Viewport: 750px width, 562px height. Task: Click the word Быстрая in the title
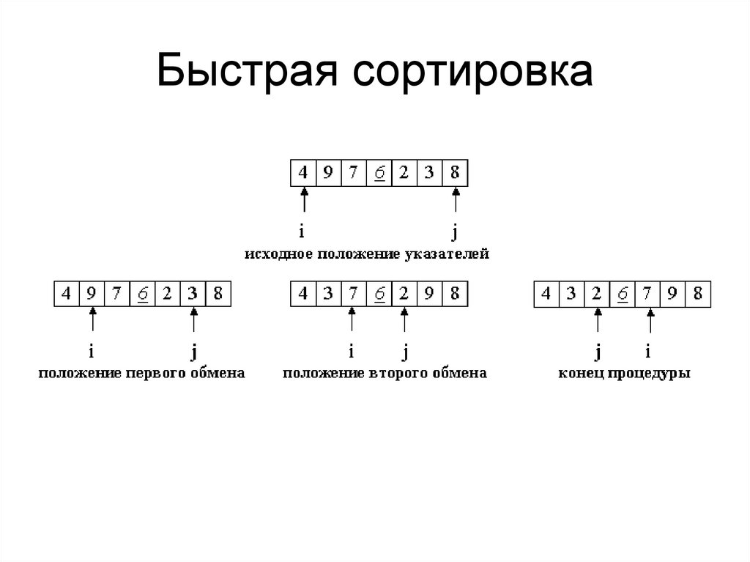click(x=249, y=74)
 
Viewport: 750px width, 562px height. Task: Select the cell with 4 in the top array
click(x=303, y=173)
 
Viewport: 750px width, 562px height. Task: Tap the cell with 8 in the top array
click(x=455, y=173)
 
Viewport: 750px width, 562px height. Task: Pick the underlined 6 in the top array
click(x=379, y=173)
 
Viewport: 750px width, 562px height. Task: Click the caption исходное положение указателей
click(x=366, y=254)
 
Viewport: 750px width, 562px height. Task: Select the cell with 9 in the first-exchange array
click(x=92, y=294)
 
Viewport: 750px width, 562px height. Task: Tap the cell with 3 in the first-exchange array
click(x=193, y=294)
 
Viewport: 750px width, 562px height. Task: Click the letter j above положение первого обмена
click(x=193, y=352)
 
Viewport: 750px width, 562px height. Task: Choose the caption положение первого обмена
click(x=141, y=373)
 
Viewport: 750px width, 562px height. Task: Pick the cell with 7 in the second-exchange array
click(x=353, y=294)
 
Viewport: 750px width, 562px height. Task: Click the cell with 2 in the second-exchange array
click(x=404, y=294)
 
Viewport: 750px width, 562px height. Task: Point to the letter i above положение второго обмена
click(x=352, y=352)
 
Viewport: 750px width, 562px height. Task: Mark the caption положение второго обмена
click(x=385, y=373)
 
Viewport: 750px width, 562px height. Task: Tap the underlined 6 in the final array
click(x=623, y=294)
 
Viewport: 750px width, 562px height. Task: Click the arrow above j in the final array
click(x=598, y=321)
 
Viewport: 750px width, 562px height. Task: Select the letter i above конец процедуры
click(x=648, y=352)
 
